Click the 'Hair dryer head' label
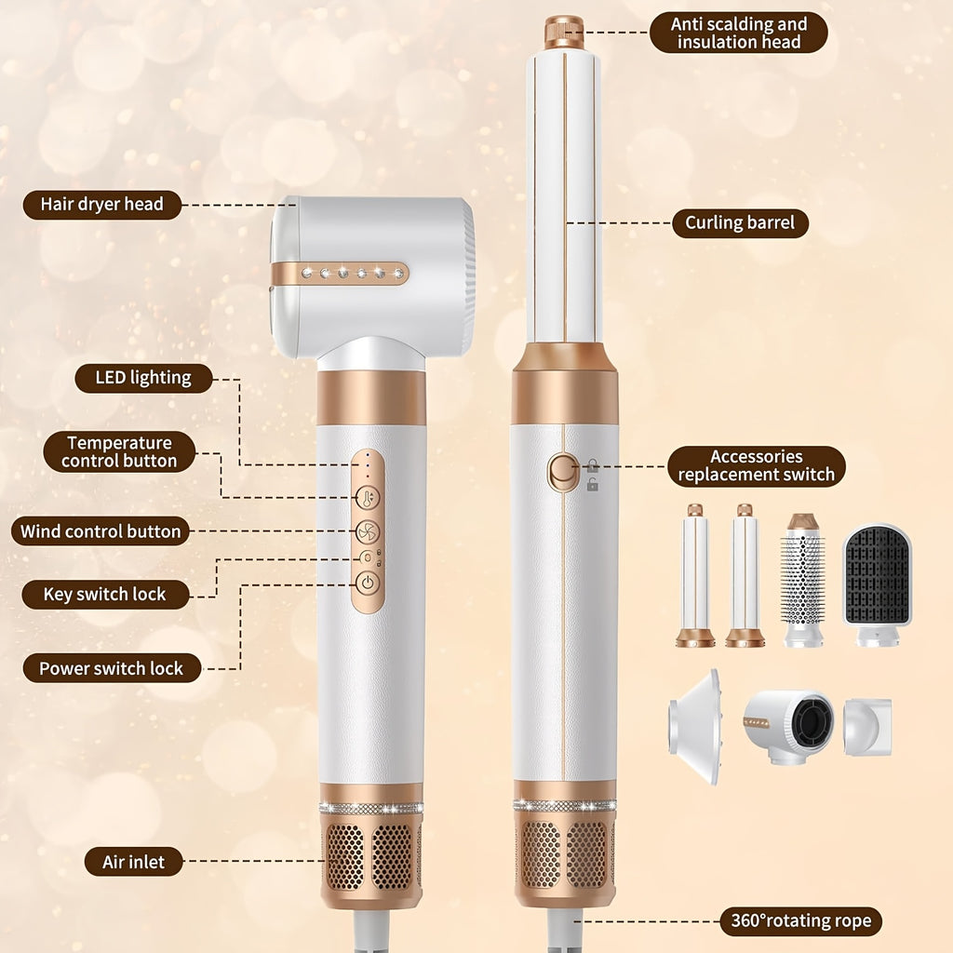102,205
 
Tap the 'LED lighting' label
143,378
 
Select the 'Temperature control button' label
119,451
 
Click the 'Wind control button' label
101,531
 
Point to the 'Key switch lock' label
105,595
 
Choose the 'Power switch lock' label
112,668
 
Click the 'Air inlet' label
134,862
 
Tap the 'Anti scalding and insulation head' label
738,33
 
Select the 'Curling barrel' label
740,223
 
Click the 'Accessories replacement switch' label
757,466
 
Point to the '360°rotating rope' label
801,921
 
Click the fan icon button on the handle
368,531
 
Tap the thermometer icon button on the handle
368,498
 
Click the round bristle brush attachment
803,580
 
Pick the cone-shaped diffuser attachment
696,726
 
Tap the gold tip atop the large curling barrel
563,33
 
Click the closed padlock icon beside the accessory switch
593,465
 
